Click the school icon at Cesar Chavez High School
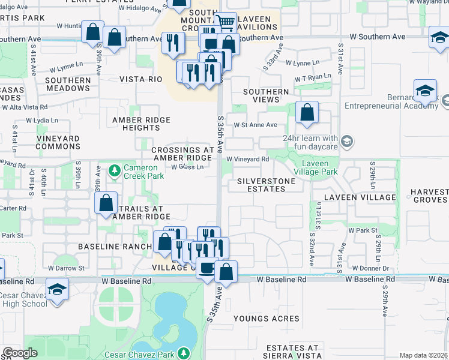58,290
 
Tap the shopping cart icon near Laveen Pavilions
226,23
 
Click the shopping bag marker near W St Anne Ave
307,112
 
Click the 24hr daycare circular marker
346,142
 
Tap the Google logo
20,353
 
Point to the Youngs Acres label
266,319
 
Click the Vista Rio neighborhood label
141,79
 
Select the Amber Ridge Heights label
142,125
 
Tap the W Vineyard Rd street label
247,159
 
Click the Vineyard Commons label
41,142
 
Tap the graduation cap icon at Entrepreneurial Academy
425,91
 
